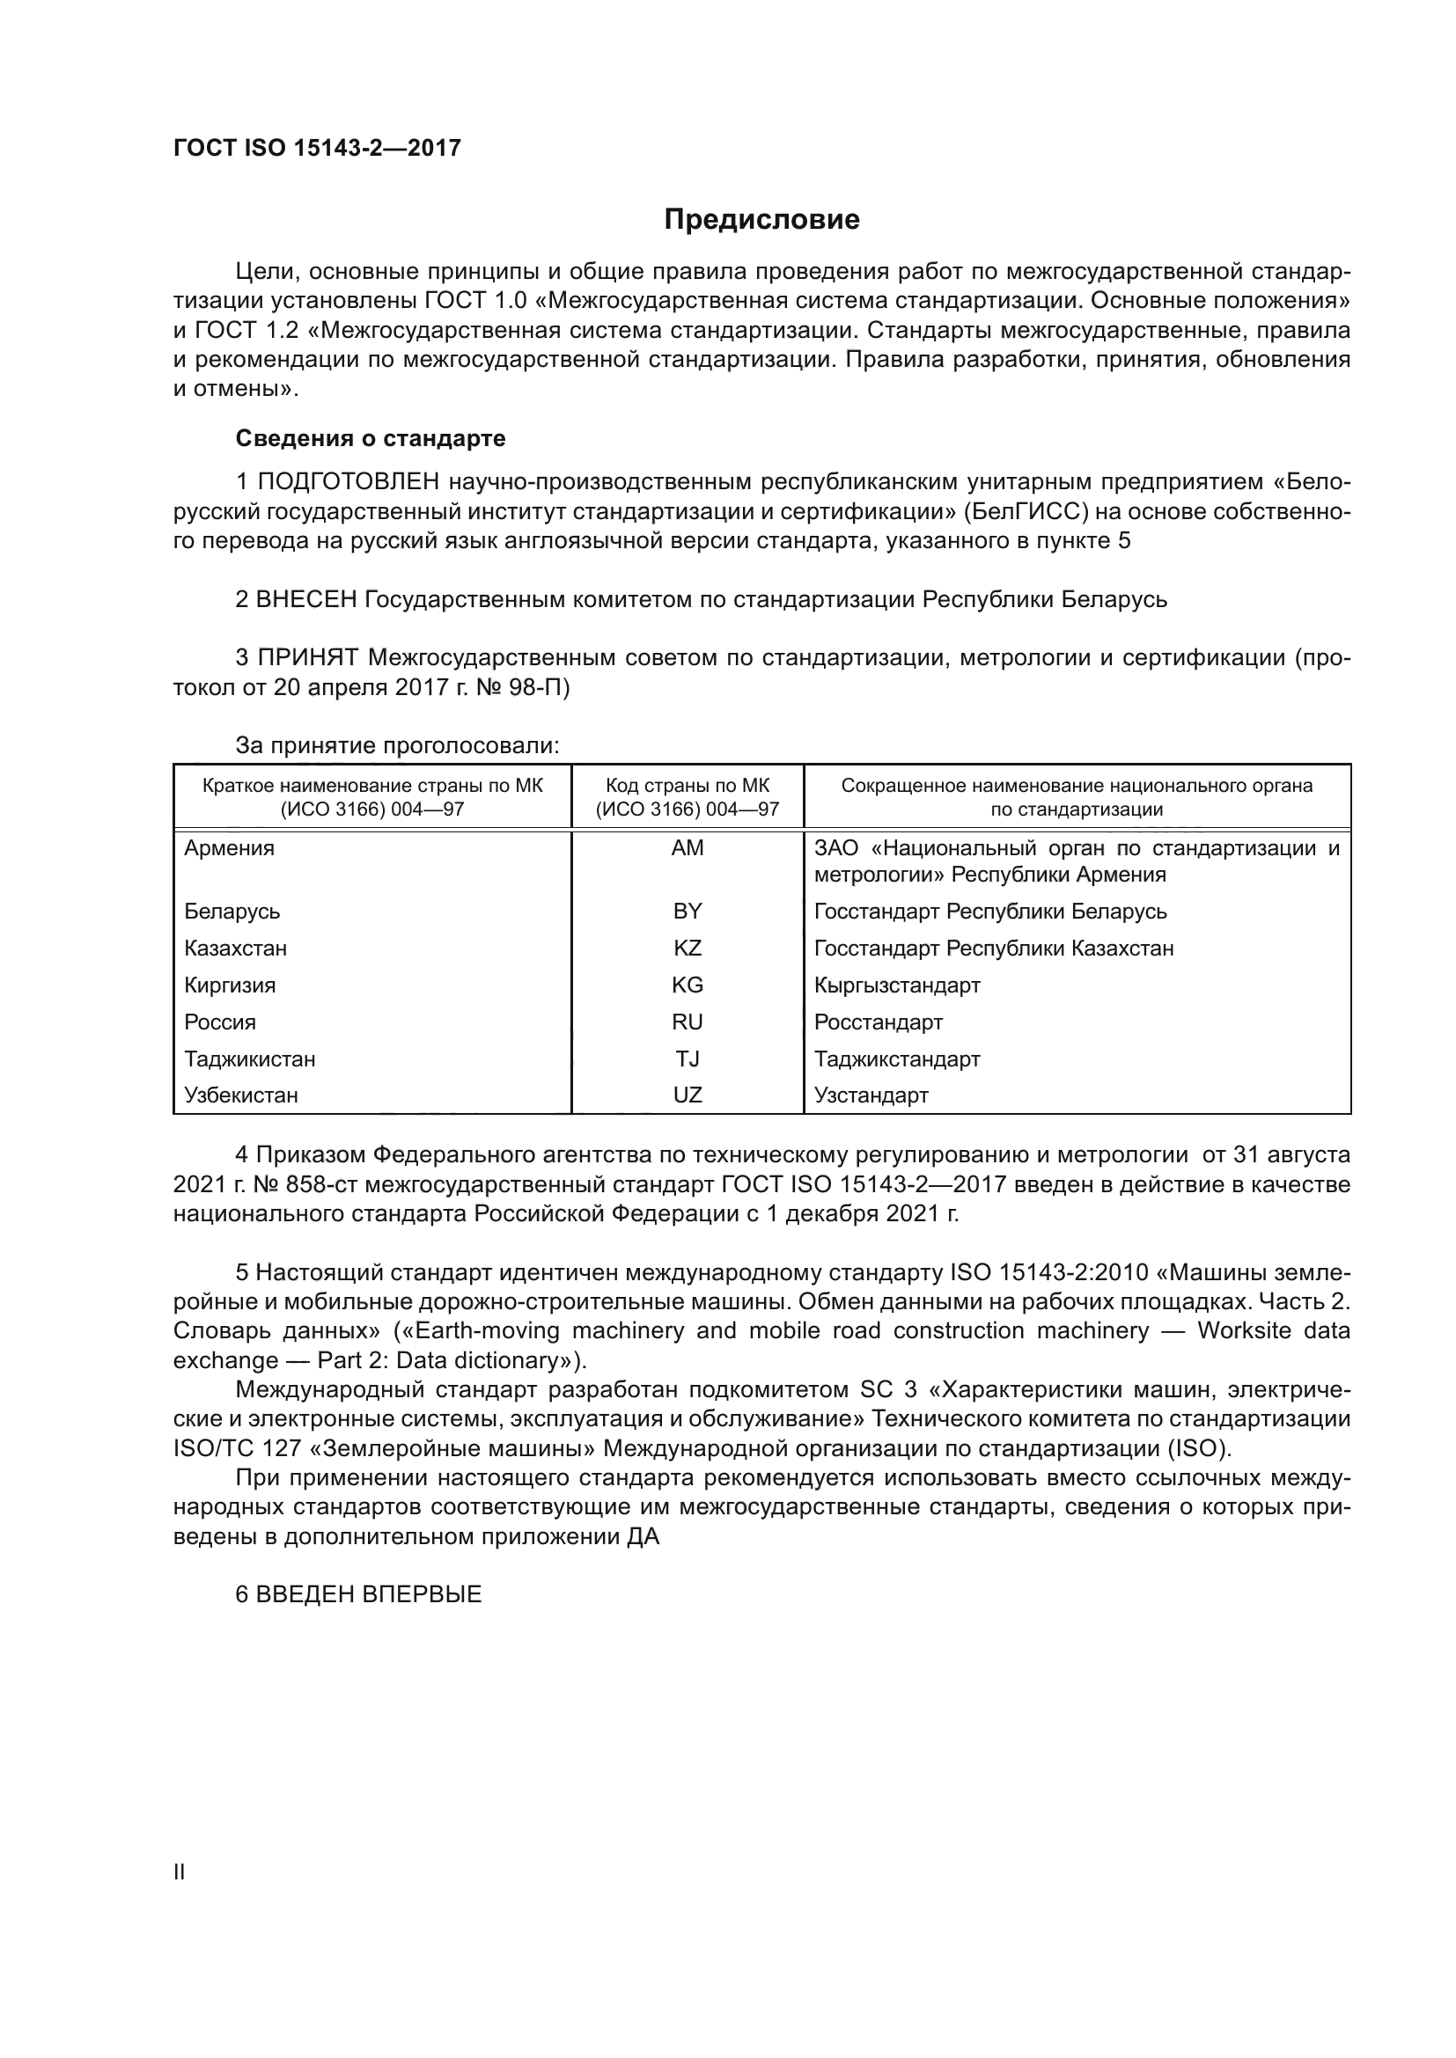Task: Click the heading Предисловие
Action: (x=761, y=220)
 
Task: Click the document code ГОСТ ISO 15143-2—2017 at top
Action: (x=318, y=148)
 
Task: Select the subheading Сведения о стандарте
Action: (x=371, y=438)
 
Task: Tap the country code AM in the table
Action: (x=687, y=848)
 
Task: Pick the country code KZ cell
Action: (x=687, y=948)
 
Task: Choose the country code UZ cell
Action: (x=687, y=1095)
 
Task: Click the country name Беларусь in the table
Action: (x=232, y=912)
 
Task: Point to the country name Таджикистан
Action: (x=250, y=1058)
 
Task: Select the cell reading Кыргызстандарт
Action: (x=896, y=985)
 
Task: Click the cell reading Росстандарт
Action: (x=878, y=1022)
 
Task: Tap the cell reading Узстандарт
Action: (x=871, y=1095)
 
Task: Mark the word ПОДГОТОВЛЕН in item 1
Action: (x=348, y=482)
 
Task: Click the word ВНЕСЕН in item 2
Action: (x=306, y=599)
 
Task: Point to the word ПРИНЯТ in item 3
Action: (x=307, y=657)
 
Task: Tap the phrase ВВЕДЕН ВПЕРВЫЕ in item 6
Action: (x=369, y=1593)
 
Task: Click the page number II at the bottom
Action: (x=180, y=1871)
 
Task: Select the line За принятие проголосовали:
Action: (x=397, y=745)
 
